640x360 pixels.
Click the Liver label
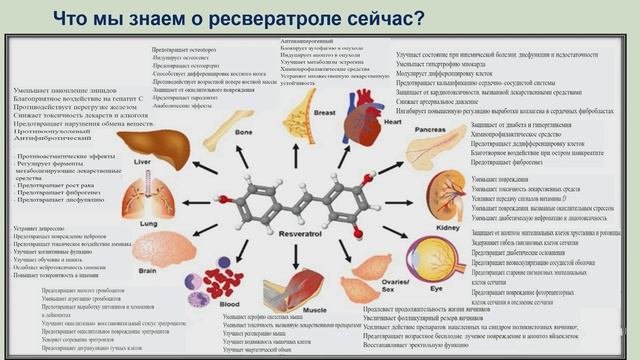click(143, 160)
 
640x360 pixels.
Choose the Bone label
click(243, 131)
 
